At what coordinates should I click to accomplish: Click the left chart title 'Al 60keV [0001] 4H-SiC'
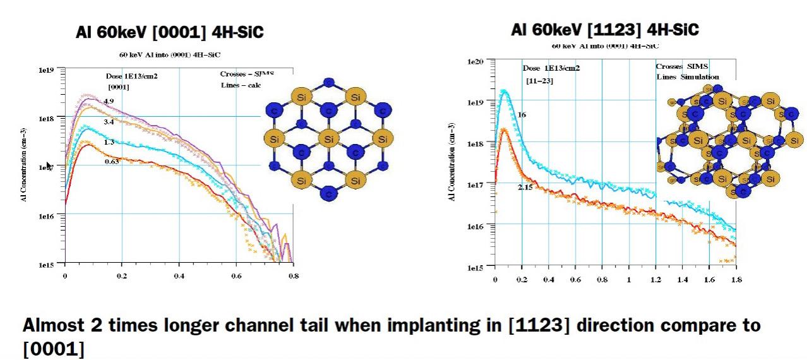coord(169,33)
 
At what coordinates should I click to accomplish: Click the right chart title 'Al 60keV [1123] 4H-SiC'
coord(605,30)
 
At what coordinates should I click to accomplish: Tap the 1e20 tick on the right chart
coord(475,62)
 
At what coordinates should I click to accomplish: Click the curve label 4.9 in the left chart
coord(109,102)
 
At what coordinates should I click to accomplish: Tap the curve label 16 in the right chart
coord(522,116)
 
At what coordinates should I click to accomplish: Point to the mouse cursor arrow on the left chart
coord(49,165)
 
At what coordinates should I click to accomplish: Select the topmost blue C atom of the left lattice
coord(327,82)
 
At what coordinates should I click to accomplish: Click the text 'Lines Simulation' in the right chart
coord(687,77)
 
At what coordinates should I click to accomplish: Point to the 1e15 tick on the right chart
coord(475,268)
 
